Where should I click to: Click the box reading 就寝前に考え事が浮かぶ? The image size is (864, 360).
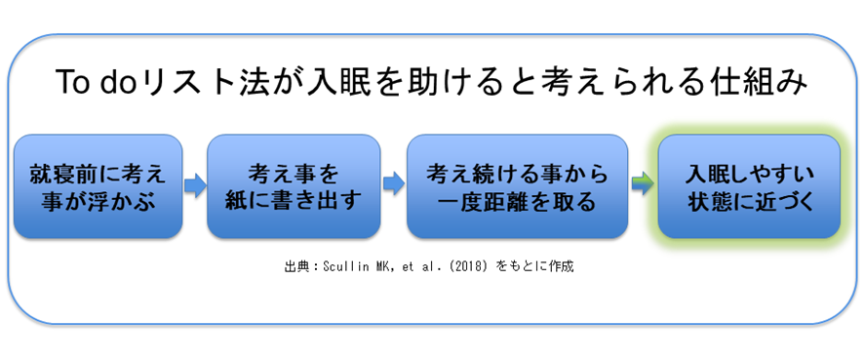point(98,186)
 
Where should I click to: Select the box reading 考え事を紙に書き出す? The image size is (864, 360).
point(294,186)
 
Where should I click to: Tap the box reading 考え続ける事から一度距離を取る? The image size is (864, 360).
point(517,186)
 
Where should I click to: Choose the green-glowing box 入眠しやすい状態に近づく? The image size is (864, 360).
point(749,186)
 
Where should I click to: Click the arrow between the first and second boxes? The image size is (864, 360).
point(194,185)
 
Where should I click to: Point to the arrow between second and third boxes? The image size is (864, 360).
point(393,183)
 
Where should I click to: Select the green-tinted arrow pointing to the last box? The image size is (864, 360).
point(643,183)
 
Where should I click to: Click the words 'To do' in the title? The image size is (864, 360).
point(93,84)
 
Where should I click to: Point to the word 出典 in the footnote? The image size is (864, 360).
point(293,267)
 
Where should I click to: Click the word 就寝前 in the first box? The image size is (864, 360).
point(62,176)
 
